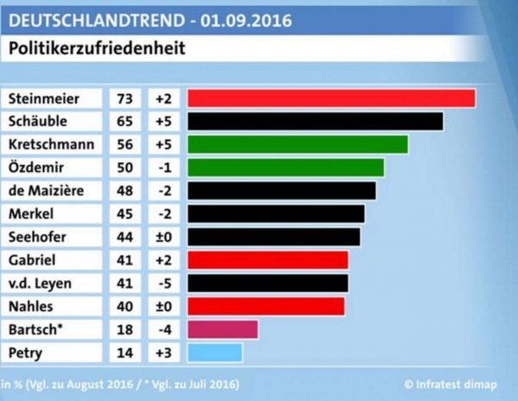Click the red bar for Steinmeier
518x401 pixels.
(x=331, y=99)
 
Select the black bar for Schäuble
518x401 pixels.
(x=315, y=121)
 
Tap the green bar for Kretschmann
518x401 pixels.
(x=297, y=143)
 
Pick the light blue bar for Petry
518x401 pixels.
(x=214, y=353)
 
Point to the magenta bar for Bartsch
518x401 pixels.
(x=222, y=329)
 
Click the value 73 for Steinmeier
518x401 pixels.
(x=124, y=99)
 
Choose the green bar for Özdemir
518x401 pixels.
(x=285, y=167)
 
